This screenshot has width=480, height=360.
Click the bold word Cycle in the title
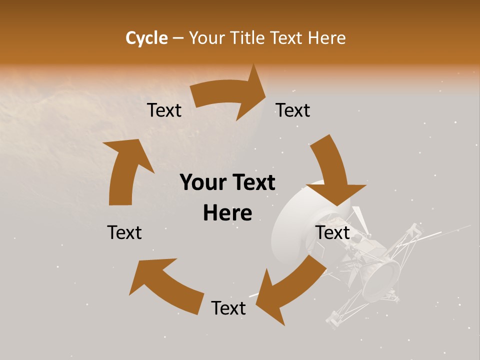coord(146,38)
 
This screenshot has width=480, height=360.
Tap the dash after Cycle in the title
coord(177,38)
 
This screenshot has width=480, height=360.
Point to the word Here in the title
coord(327,38)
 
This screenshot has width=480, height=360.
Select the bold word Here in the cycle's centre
coord(227,213)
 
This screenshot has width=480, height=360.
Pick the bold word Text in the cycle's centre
coord(252,183)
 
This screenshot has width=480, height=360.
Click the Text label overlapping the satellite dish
coord(333,232)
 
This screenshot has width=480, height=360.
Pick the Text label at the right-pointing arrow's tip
coord(293,110)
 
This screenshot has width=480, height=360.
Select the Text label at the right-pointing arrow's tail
coord(164,110)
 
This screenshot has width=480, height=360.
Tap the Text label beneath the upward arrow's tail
coord(124,232)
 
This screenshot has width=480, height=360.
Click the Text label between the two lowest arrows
coord(228,308)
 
